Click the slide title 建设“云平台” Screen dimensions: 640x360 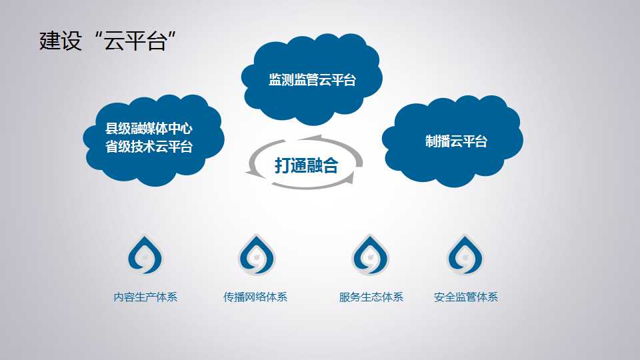point(107,41)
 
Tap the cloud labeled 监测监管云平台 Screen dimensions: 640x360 point(311,79)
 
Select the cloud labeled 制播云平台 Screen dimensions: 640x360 point(452,141)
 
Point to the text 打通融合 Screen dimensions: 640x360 point(306,165)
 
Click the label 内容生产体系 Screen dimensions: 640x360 point(145,297)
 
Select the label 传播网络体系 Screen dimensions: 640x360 point(255,297)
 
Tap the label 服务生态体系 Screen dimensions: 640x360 point(371,297)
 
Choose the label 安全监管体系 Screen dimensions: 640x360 point(466,297)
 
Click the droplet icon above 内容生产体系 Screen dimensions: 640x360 point(145,255)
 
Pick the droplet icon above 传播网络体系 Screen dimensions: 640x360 point(257,255)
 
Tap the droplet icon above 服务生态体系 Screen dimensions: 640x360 point(370,255)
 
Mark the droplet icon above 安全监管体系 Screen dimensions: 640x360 point(465,255)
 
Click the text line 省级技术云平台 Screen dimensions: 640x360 point(149,147)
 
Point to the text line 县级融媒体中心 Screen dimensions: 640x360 point(149,129)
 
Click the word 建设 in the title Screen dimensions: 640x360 point(61,41)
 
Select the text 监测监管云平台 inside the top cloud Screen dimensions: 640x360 point(312,79)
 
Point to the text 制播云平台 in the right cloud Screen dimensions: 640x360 point(456,141)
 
